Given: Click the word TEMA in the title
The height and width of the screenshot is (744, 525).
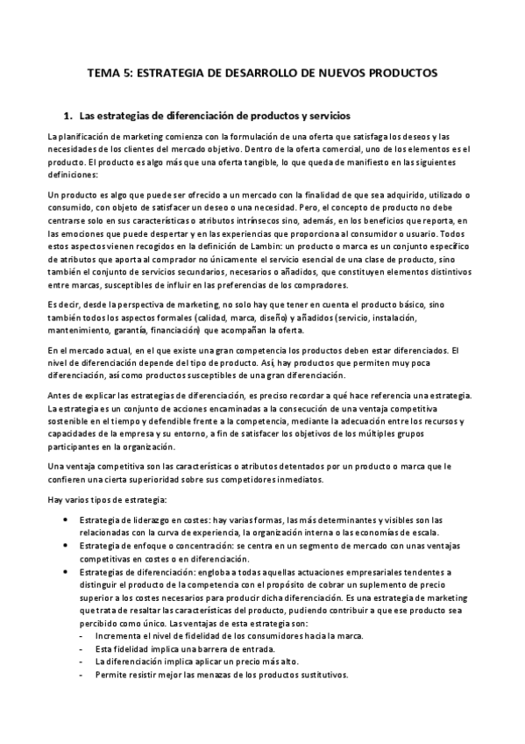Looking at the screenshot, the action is click(106, 74).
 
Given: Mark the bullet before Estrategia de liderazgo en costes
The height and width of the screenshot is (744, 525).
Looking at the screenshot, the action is click(69, 520).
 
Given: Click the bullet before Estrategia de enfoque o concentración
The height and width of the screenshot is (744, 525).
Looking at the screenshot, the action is click(69, 545).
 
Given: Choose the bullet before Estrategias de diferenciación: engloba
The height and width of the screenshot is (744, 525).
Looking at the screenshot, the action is click(69, 571).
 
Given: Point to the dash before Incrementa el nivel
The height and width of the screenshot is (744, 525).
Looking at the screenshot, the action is click(82, 634).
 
